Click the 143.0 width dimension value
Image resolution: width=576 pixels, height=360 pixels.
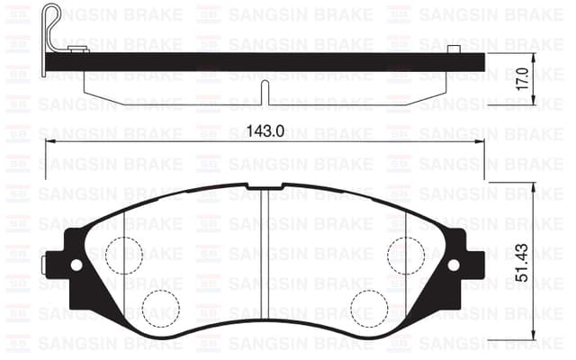click(x=265, y=131)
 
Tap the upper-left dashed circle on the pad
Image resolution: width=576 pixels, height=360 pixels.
click(x=124, y=255)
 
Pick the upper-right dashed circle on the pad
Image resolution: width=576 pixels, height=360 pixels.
click(x=406, y=255)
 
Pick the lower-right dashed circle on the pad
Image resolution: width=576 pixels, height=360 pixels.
click(x=369, y=309)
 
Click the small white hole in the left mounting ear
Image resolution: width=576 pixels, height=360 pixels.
click(x=76, y=265)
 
